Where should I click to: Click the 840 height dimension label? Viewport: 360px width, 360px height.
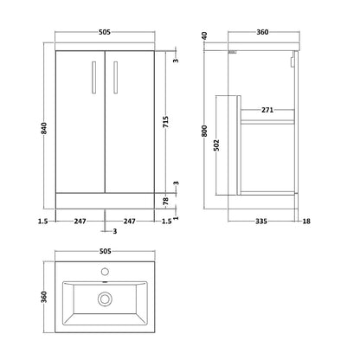[x=44, y=128]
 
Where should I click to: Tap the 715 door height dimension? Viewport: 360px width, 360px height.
[x=165, y=122]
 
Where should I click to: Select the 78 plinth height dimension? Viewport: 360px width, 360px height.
[x=165, y=201]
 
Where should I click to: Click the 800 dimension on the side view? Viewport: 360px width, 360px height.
[x=204, y=131]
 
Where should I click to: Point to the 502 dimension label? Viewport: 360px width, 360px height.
[x=217, y=145]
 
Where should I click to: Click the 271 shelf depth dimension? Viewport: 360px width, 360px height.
[x=267, y=110]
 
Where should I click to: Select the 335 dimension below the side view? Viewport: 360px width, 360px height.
[x=261, y=222]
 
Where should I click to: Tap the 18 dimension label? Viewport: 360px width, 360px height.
[x=306, y=222]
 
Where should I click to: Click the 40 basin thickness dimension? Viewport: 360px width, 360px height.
[x=204, y=36]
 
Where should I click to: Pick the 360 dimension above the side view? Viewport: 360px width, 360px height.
[x=262, y=32]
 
